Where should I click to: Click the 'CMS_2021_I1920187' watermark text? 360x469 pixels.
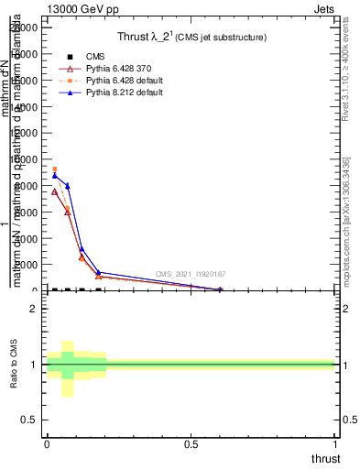tap(190, 274)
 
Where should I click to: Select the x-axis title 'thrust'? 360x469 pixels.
tap(325, 459)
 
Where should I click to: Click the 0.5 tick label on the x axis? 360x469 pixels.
tap(191, 443)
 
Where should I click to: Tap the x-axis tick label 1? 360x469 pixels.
tap(335, 443)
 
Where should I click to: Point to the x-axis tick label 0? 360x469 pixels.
tap(47, 443)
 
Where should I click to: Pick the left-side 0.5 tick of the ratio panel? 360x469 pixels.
tap(30, 420)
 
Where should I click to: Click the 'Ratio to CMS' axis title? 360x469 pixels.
tap(15, 365)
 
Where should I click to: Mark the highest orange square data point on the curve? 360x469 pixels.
tap(54, 169)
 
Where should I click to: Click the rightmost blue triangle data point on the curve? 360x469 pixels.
tap(220, 289)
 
